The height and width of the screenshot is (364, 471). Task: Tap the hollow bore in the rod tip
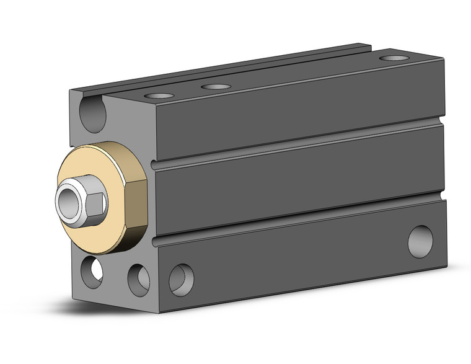pyautogui.click(x=67, y=201)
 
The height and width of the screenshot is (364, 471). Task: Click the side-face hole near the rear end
pyautogui.click(x=420, y=241)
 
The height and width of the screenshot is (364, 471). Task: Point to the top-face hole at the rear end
pyautogui.click(x=390, y=58)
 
